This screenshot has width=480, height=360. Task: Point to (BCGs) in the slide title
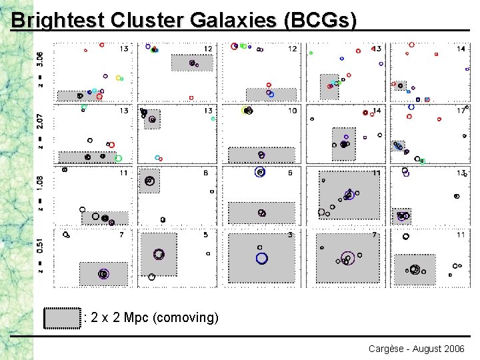tap(320, 20)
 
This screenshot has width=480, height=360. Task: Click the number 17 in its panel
tap(461, 111)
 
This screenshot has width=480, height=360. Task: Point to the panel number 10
tap(292, 111)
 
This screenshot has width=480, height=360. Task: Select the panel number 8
tap(206, 173)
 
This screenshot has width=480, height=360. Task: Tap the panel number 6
tap(290, 173)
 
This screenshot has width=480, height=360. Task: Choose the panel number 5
tap(206, 235)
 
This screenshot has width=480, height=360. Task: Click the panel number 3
tap(290, 235)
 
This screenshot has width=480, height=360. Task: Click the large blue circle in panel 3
tap(261, 258)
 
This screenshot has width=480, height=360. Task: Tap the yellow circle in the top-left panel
tap(119, 78)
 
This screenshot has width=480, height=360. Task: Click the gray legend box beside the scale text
tap(63, 318)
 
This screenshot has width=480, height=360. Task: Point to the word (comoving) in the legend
tap(185, 318)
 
